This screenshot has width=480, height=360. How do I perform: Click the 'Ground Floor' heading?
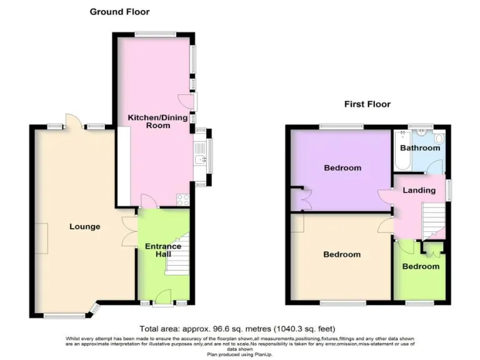click(119, 11)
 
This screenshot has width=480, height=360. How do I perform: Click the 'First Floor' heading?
click(367, 104)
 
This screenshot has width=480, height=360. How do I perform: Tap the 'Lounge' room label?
click(84, 226)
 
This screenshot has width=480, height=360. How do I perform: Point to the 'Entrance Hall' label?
click(163, 250)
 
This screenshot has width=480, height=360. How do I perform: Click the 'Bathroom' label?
click(420, 148)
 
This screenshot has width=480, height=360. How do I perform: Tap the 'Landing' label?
click(419, 190)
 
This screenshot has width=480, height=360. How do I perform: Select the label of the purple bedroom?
click(342, 167)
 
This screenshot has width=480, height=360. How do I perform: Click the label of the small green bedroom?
click(420, 266)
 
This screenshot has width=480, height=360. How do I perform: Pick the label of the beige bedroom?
click(342, 254)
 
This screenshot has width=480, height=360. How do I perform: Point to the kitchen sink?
click(201, 159)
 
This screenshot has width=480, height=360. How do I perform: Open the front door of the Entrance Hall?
click(162, 297)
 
